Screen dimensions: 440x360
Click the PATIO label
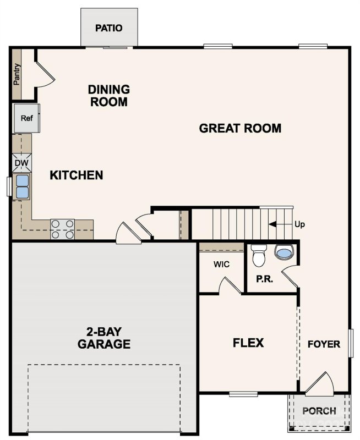click(108, 28)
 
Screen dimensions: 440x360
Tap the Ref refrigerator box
click(26, 118)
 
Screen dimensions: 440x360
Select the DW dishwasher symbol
click(21, 163)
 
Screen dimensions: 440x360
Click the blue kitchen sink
click(23, 186)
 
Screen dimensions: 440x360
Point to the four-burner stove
click(62, 229)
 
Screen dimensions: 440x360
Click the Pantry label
click(17, 74)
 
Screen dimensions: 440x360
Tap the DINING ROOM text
click(109, 95)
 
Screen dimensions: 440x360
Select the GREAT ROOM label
click(240, 128)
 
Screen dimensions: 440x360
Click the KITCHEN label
click(77, 175)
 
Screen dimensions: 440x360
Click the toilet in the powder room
click(258, 256)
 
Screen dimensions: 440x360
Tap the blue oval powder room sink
click(284, 253)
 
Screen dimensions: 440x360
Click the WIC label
click(221, 264)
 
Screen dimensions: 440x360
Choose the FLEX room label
click(248, 343)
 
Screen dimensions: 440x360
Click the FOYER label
click(323, 344)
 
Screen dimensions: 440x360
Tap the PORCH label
click(319, 411)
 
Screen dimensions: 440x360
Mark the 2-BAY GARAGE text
click(104, 338)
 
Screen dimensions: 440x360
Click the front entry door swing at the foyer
click(319, 384)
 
